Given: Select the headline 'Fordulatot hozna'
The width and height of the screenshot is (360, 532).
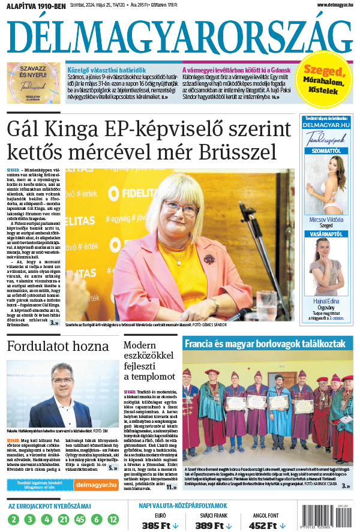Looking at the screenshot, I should [x=58, y=346].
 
